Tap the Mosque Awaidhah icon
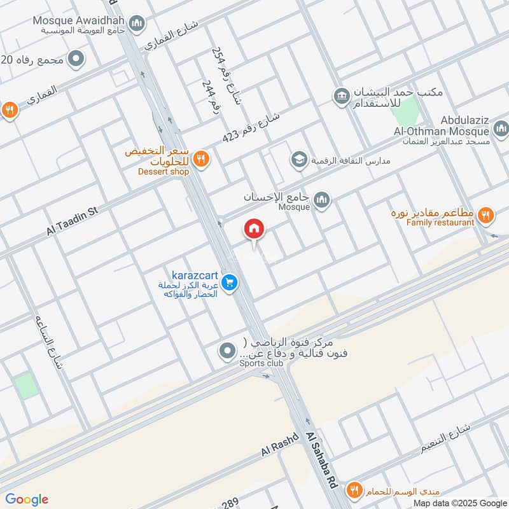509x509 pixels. [136, 25]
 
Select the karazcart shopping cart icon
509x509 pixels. [231, 282]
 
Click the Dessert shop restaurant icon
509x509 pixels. [201, 158]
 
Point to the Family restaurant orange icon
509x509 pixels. [486, 216]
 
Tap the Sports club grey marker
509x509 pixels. [227, 351]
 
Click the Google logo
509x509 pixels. [27, 499]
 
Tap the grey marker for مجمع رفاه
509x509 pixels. [76, 59]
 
